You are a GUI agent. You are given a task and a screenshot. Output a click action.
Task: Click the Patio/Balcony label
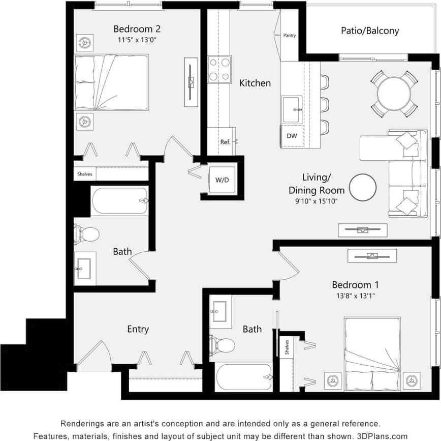(x=369, y=31)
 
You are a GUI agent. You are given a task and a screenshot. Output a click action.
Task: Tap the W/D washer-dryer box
(x=222, y=180)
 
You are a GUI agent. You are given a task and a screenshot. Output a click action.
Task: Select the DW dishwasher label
(x=292, y=136)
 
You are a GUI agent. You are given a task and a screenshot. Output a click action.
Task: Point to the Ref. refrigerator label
(x=225, y=142)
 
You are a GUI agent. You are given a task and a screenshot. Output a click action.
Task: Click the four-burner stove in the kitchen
(x=219, y=70)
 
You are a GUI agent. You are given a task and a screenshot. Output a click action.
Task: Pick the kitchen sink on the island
(x=292, y=109)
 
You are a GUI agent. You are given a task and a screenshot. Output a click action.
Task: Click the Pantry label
(x=289, y=36)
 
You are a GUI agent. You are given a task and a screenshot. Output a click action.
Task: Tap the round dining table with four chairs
(x=394, y=94)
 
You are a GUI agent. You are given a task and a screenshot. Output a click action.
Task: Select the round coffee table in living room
(x=363, y=188)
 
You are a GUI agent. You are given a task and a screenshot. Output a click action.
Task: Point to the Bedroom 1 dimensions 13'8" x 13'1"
(x=355, y=296)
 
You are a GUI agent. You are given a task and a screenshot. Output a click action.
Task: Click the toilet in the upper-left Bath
(x=87, y=234)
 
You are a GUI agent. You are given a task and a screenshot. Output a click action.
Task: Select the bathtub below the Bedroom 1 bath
(x=244, y=377)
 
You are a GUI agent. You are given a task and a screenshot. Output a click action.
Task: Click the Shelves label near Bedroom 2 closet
(x=85, y=174)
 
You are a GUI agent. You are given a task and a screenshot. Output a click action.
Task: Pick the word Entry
(x=138, y=330)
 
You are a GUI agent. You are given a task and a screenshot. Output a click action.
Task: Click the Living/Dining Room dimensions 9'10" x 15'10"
(x=317, y=201)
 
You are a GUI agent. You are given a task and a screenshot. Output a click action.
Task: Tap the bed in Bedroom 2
(x=112, y=83)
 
